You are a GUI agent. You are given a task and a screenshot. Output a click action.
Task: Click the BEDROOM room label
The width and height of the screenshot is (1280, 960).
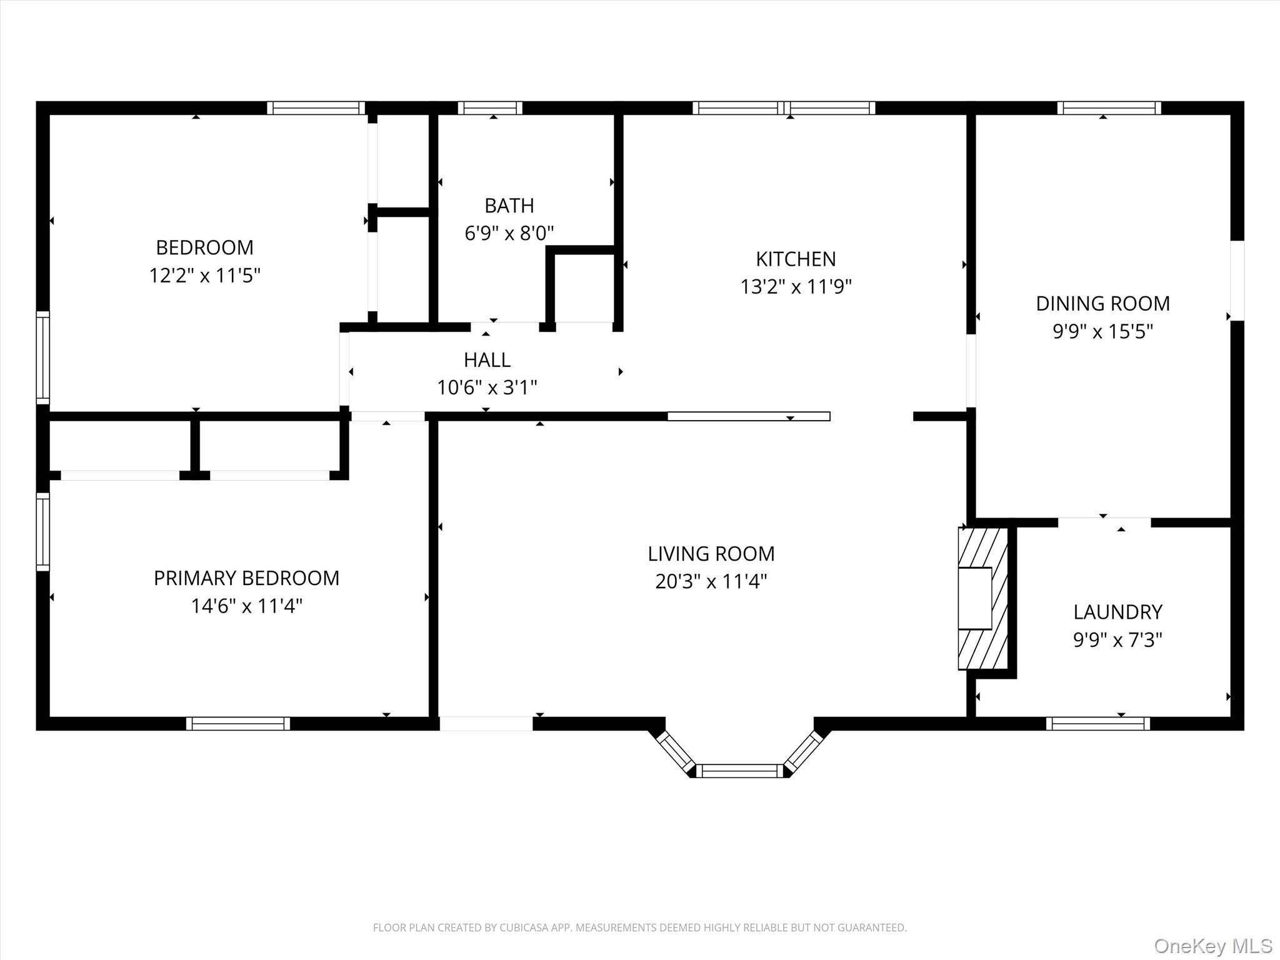coord(204,247)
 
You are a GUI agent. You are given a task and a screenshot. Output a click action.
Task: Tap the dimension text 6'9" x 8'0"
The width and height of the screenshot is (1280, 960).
coord(509,234)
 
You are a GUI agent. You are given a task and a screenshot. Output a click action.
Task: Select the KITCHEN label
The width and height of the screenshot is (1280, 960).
coord(796,259)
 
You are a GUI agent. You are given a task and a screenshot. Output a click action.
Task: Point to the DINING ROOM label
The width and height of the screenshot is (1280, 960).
coord(1102,304)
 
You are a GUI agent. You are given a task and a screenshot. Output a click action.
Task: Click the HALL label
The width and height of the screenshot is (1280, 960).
coord(487,360)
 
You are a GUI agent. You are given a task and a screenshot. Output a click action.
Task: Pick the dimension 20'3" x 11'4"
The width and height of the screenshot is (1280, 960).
coord(711,582)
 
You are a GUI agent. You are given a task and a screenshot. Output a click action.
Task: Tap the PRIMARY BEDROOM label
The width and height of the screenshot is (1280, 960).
coord(246,578)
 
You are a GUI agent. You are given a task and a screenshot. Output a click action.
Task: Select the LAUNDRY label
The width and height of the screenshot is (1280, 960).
coord(1117,612)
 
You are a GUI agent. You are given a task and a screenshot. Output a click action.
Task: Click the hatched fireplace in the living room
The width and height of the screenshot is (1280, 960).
coord(982,599)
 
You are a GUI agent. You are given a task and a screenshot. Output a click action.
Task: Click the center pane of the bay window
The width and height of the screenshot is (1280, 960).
coord(739,771)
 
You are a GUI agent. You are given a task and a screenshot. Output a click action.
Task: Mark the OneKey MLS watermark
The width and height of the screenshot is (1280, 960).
coord(1212,946)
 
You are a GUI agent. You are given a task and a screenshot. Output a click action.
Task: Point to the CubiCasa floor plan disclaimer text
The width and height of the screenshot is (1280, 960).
coord(639,928)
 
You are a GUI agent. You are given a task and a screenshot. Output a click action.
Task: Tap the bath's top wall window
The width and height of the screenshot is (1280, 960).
coord(490,107)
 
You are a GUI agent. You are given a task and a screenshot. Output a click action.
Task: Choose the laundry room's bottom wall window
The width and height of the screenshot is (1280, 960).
coord(1097,724)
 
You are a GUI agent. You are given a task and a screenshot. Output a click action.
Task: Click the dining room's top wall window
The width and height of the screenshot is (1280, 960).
coord(1109,107)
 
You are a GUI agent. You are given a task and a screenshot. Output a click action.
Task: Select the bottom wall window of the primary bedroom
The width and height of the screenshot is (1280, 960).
coord(238,724)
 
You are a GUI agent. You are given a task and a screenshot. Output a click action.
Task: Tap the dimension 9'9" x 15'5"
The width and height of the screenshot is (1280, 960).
coord(1102,331)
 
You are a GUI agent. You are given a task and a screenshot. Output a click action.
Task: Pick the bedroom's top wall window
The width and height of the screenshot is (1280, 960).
coord(316,107)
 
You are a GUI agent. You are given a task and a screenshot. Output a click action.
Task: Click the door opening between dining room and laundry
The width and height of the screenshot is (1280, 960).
coord(1104,522)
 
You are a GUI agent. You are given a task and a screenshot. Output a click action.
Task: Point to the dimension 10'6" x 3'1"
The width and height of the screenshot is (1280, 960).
coord(487,388)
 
